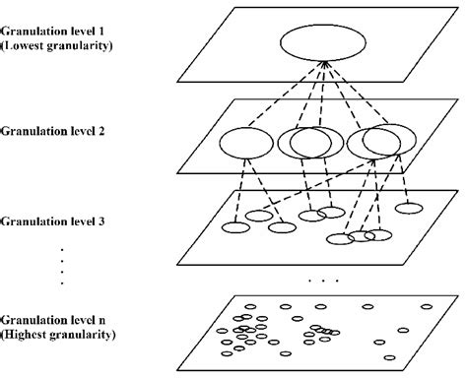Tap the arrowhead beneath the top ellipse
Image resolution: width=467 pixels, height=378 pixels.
(322, 66)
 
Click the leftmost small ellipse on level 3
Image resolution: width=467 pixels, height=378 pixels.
(235, 228)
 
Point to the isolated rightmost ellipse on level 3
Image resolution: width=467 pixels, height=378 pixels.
(408, 208)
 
